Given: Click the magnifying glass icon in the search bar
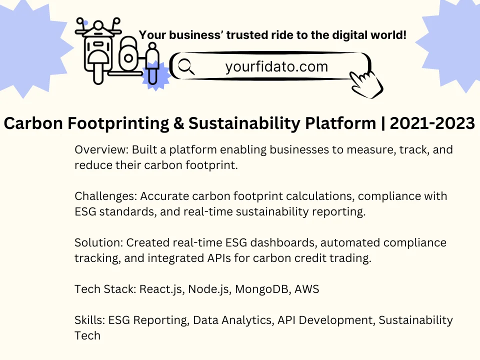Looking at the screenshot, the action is [x=186, y=66].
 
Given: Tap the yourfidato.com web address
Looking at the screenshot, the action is [x=276, y=66].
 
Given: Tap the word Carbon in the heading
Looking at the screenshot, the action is [x=33, y=123].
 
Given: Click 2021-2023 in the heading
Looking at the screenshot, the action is [x=432, y=123].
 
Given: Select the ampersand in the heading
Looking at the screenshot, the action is [x=178, y=123].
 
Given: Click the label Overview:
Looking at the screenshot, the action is [x=101, y=149].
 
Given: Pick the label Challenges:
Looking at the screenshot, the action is [x=106, y=196].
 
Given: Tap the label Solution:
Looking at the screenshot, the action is [x=99, y=243].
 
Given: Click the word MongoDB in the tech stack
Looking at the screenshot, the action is [x=263, y=289].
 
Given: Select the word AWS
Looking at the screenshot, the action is [x=306, y=289].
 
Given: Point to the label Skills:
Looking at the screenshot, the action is [x=90, y=320].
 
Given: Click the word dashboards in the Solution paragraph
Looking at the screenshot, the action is [x=284, y=243].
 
